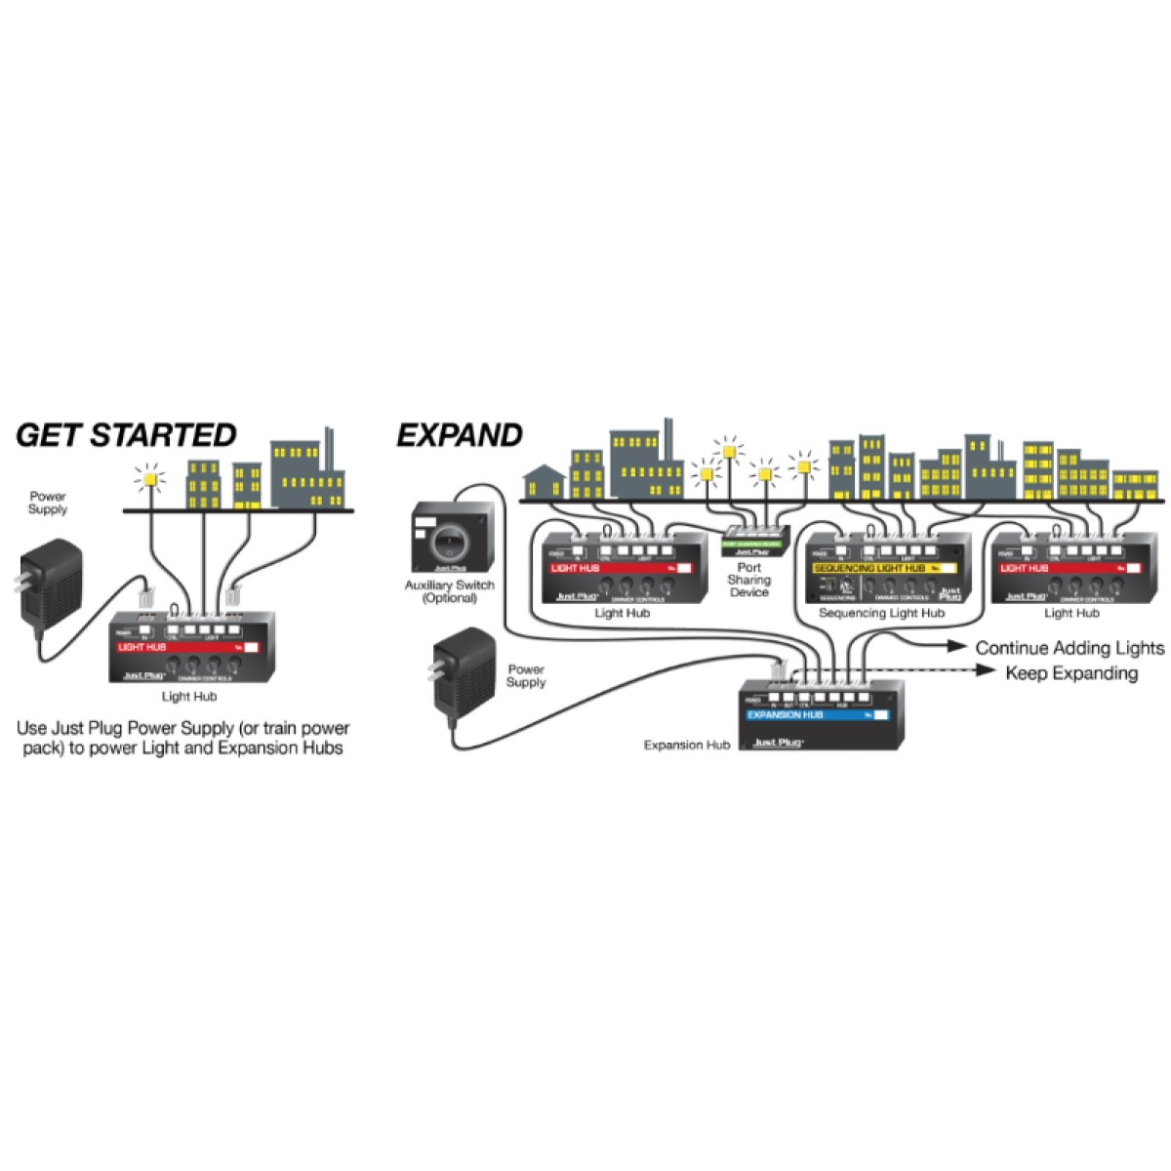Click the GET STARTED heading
[x=127, y=434]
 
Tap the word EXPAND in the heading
[x=459, y=435]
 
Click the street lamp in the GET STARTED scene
[x=151, y=479]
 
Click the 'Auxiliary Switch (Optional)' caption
[x=450, y=591]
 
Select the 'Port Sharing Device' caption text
[x=749, y=580]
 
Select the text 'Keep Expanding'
[x=1071, y=672]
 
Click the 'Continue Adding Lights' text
[x=1070, y=647]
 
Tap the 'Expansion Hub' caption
[x=687, y=745]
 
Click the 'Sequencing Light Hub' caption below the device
[x=881, y=613]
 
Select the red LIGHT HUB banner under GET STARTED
[x=185, y=646]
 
